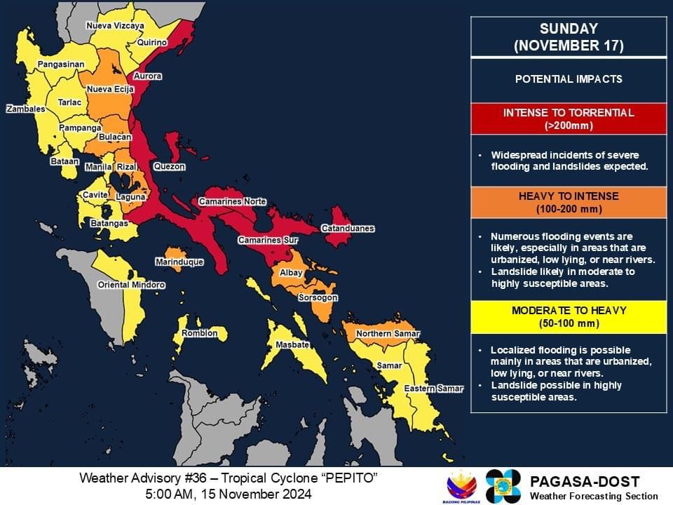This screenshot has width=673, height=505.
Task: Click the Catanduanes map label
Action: point(348,229)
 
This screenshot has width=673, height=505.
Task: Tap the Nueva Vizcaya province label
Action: point(115,26)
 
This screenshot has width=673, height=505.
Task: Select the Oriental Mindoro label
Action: point(131,285)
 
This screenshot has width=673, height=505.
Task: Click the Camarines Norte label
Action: point(232,202)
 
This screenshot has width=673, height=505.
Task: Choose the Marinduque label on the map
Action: point(179,262)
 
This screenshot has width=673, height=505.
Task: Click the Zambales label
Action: point(26,109)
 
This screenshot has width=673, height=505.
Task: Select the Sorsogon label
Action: point(318,298)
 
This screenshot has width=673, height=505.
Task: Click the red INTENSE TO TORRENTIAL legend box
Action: point(568,119)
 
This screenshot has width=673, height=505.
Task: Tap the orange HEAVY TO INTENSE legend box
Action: point(568,203)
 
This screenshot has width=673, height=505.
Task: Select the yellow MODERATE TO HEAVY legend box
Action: point(568,317)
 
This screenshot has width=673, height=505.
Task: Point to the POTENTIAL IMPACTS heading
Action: point(568,79)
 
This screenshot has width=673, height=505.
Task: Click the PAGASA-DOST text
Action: point(585,482)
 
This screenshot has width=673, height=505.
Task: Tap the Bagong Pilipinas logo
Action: point(462,485)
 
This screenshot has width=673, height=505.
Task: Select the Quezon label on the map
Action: point(169,167)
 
